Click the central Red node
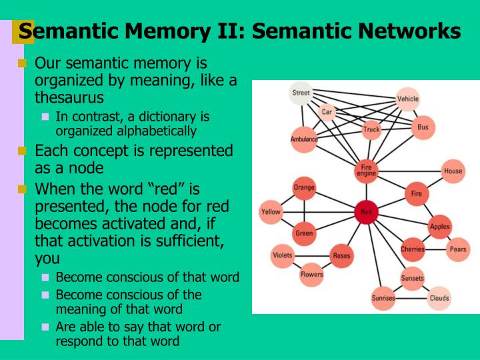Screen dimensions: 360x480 (366, 213)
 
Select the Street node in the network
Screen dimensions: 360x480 (301, 93)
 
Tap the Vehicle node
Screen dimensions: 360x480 (408, 99)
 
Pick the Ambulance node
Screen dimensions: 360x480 (304, 139)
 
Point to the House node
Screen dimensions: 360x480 (453, 171)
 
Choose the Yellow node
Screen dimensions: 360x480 (271, 212)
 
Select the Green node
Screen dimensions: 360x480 (304, 233)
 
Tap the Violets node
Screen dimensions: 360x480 (283, 255)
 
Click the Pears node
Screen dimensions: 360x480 (457, 249)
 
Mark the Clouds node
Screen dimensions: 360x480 (439, 298)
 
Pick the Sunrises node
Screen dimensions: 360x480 (383, 298)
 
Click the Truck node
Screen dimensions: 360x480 (371, 130)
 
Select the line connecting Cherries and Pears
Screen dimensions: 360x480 (435, 249)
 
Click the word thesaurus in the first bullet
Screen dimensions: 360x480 (69, 97)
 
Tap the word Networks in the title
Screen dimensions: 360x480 (408, 31)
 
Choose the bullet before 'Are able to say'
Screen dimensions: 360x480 (45, 327)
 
